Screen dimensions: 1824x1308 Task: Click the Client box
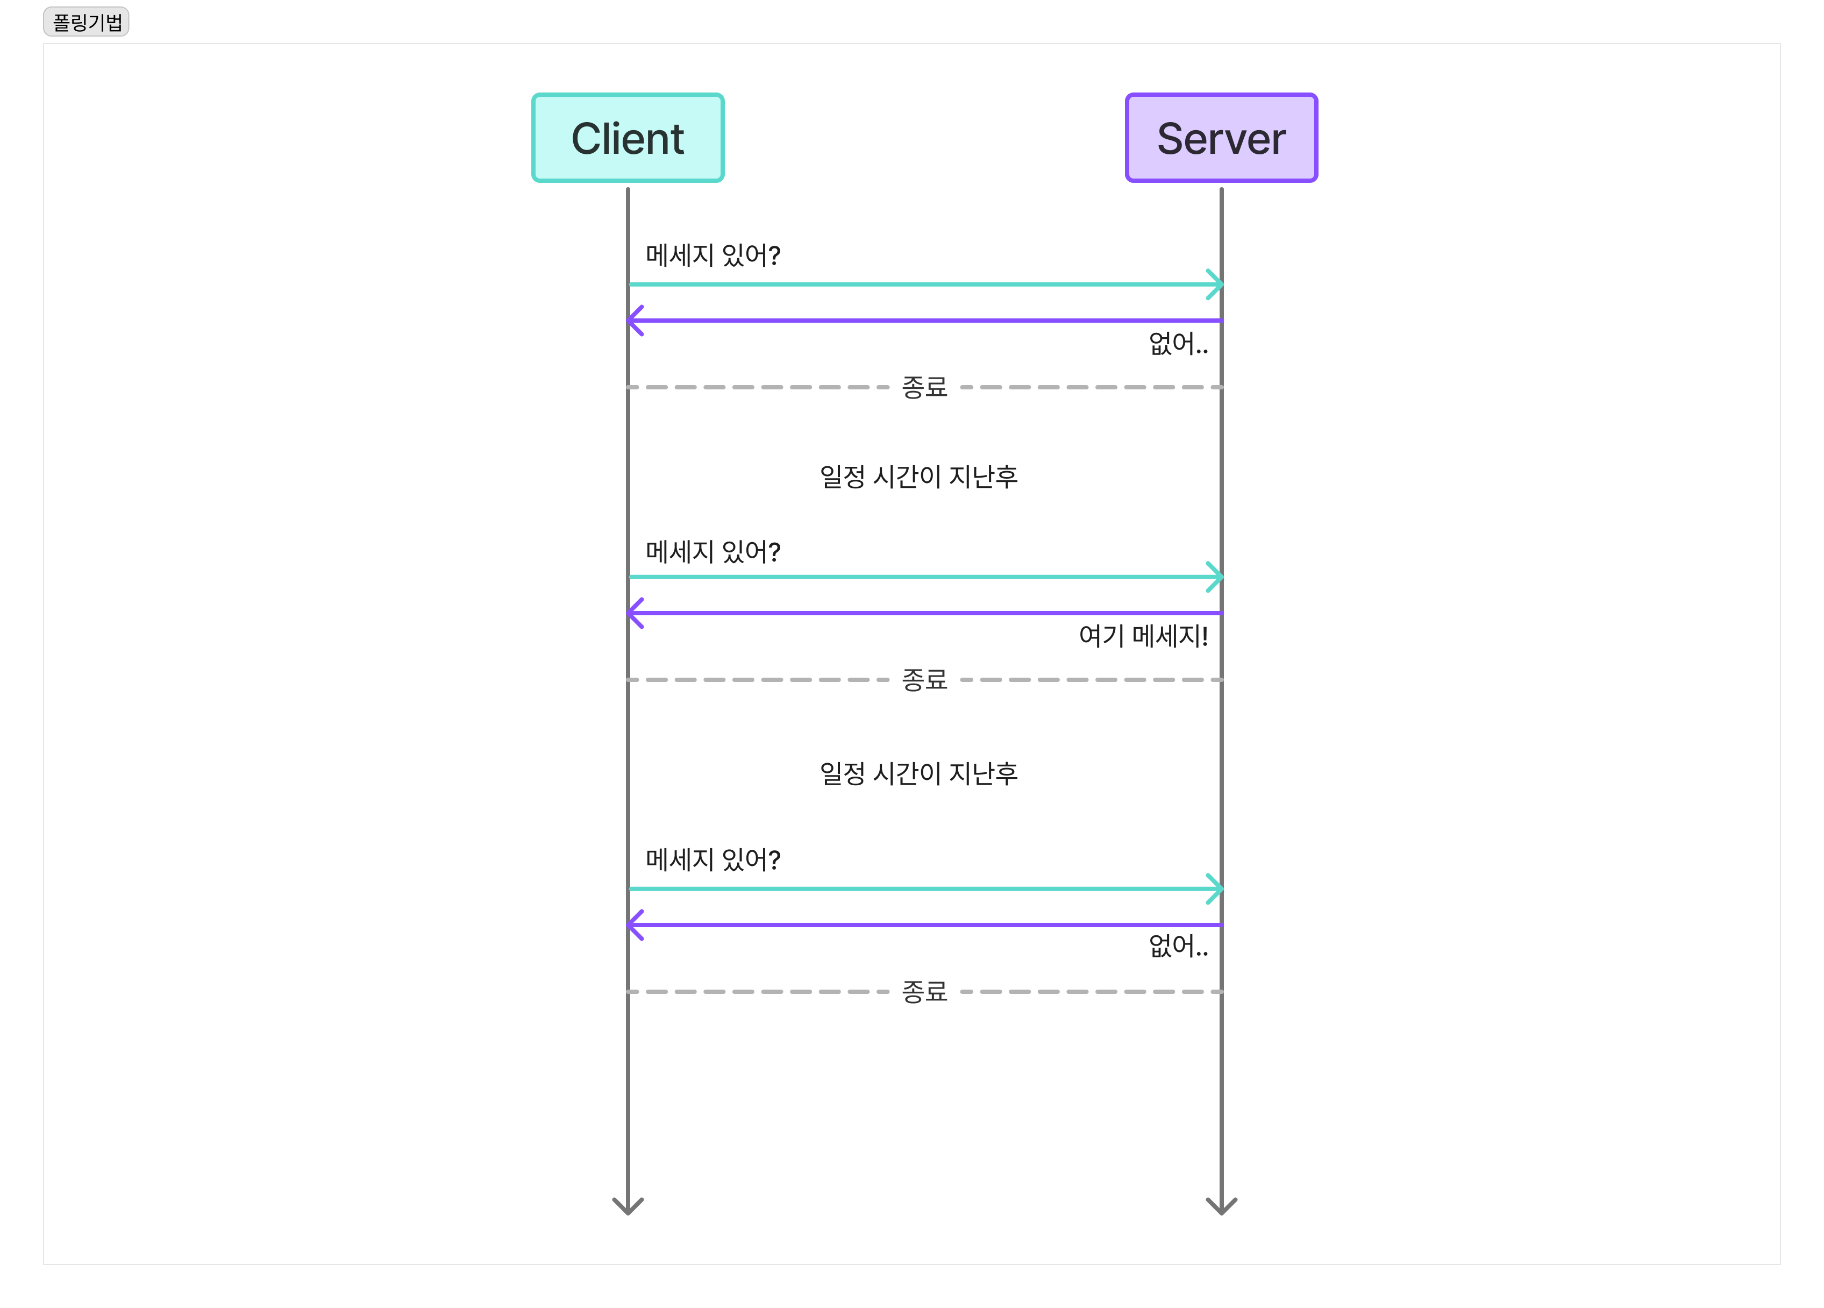[628, 138]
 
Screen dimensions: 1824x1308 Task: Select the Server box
[1221, 138]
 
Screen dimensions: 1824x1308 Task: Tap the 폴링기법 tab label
[86, 22]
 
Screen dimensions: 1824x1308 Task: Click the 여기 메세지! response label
[1143, 636]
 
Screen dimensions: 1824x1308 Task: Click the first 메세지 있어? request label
[712, 255]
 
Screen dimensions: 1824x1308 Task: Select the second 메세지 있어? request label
[712, 552]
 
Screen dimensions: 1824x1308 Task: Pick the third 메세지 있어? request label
[712, 860]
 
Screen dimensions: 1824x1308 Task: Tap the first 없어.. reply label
[1178, 344]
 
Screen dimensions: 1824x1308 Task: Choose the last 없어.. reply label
[1178, 946]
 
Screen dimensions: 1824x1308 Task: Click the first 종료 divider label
[924, 387]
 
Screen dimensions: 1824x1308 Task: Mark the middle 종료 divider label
[924, 680]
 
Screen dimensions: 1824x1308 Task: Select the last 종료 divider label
[924, 992]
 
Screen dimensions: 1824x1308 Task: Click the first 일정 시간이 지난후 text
[918, 476]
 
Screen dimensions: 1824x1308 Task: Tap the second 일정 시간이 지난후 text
[918, 773]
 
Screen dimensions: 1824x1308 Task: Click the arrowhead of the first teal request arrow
[1215, 284]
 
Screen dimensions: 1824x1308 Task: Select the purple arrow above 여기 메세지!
[925, 613]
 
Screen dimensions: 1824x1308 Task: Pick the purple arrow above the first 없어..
[925, 320]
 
